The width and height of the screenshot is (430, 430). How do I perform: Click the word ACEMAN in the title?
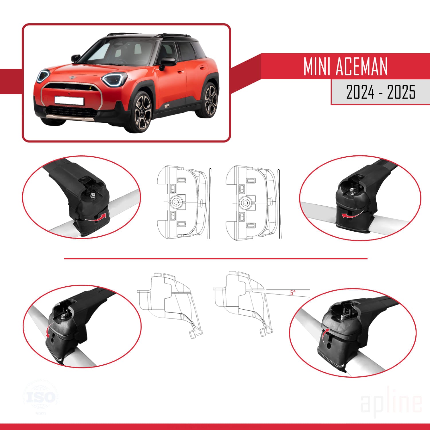coord(361,67)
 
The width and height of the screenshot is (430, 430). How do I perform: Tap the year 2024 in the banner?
coord(360,92)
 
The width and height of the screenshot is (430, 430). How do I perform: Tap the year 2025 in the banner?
coord(401,92)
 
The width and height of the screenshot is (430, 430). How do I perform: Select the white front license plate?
coord(69,101)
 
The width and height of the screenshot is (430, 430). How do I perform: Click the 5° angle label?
coord(292,293)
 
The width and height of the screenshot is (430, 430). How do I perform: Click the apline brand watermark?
coord(391,402)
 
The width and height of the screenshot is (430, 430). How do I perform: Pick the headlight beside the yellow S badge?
coord(114,79)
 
